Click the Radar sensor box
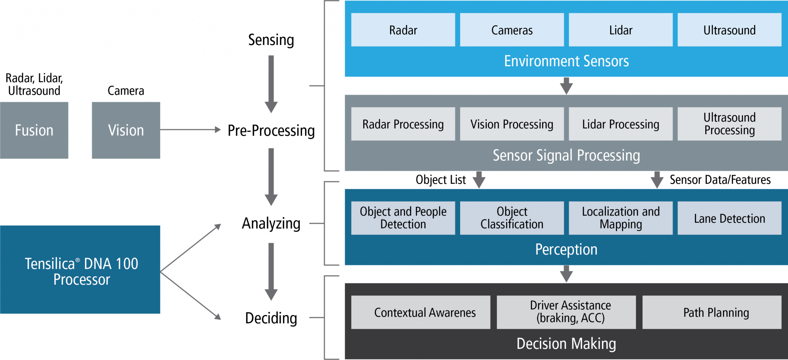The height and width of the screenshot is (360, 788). tap(403, 30)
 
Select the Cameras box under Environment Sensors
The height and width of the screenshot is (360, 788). tap(512, 30)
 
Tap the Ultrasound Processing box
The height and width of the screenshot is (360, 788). tap(729, 124)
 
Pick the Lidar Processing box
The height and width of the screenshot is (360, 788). tap(620, 124)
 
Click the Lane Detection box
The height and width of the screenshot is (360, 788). tap(729, 218)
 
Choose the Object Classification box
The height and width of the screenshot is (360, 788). tap(512, 218)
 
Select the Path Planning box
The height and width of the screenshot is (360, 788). tap(716, 312)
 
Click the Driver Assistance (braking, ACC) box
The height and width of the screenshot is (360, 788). tap(570, 312)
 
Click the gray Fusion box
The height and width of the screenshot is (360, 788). tap(34, 130)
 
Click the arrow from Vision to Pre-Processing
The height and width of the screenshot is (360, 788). tap(190, 130)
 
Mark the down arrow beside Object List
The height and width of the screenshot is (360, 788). tap(479, 180)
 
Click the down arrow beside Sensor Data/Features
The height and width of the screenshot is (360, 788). tap(657, 180)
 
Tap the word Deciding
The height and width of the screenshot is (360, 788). tap(271, 318)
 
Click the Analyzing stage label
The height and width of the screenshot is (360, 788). tap(271, 223)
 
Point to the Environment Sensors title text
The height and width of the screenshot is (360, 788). tap(566, 61)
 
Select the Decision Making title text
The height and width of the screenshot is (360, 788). tap(566, 343)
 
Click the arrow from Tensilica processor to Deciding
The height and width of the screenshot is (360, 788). tap(190, 295)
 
